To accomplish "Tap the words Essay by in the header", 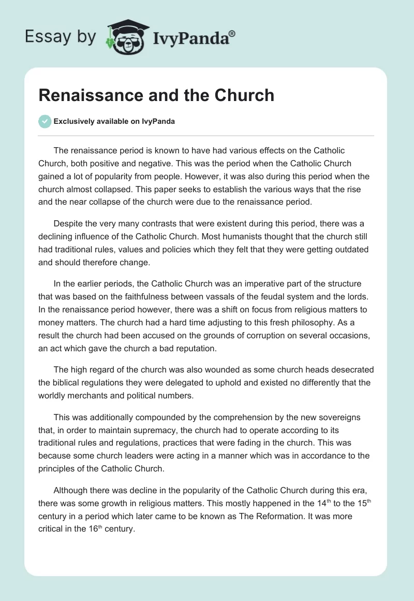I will pos(60,37).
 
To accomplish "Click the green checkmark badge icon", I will pos(45,121).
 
